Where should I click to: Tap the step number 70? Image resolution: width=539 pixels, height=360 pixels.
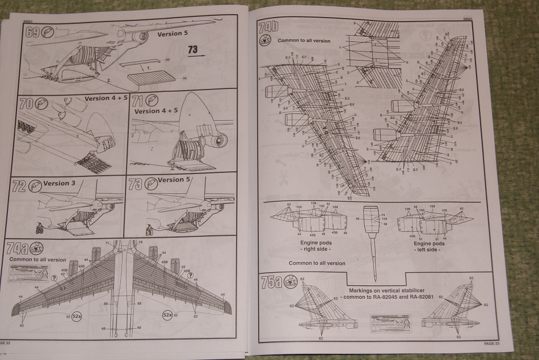[x=26, y=105]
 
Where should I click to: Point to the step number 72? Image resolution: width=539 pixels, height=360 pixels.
[x=19, y=186]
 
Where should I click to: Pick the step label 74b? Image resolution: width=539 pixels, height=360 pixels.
[x=269, y=27]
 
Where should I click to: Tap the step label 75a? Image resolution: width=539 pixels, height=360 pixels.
[x=269, y=281]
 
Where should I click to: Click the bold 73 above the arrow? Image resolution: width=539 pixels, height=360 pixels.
[x=193, y=49]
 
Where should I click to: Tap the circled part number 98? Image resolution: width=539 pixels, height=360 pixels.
[x=184, y=78]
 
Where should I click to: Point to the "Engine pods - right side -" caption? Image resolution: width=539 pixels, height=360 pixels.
[x=316, y=245]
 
